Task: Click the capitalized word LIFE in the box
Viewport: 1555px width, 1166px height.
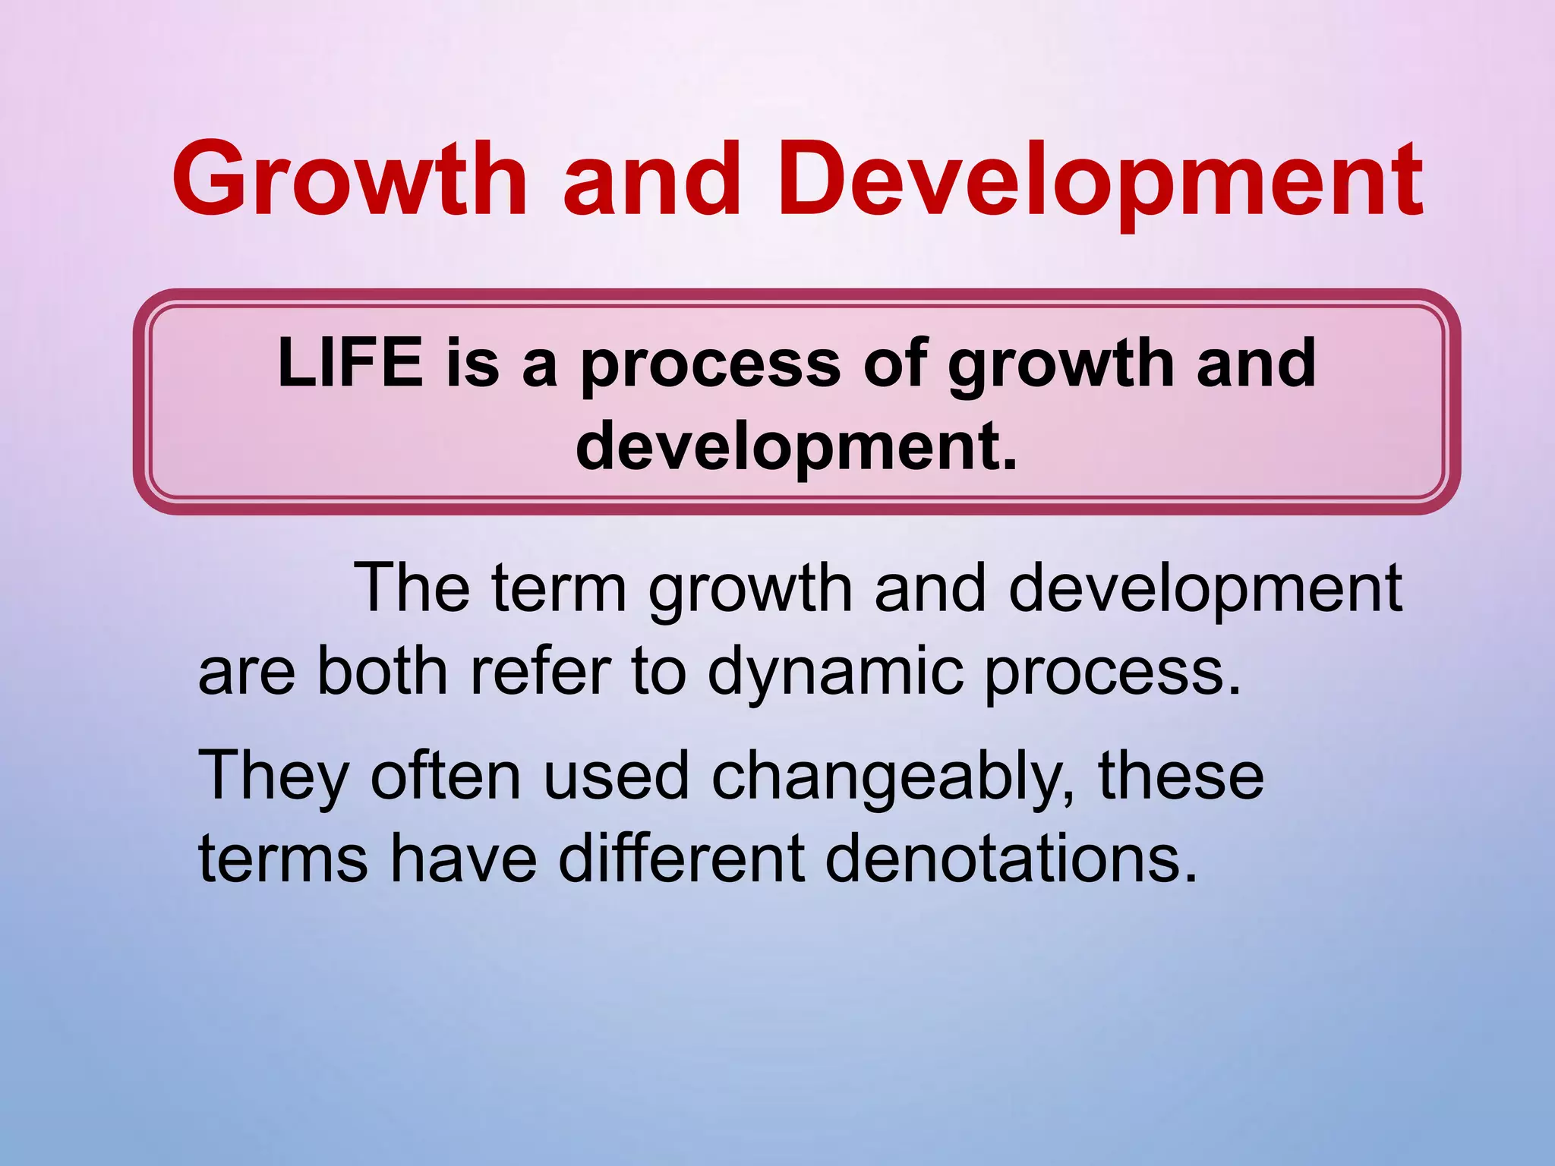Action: click(350, 363)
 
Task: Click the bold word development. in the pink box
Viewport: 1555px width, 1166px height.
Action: click(796, 446)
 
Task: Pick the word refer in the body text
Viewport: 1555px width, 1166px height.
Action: click(541, 671)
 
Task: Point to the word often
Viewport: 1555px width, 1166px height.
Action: click(446, 776)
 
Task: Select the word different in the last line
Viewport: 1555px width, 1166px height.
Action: click(681, 859)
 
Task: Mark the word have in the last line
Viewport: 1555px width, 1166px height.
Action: click(463, 859)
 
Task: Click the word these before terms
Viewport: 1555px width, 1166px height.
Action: click(1181, 776)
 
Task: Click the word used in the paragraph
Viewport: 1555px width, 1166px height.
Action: click(616, 776)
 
